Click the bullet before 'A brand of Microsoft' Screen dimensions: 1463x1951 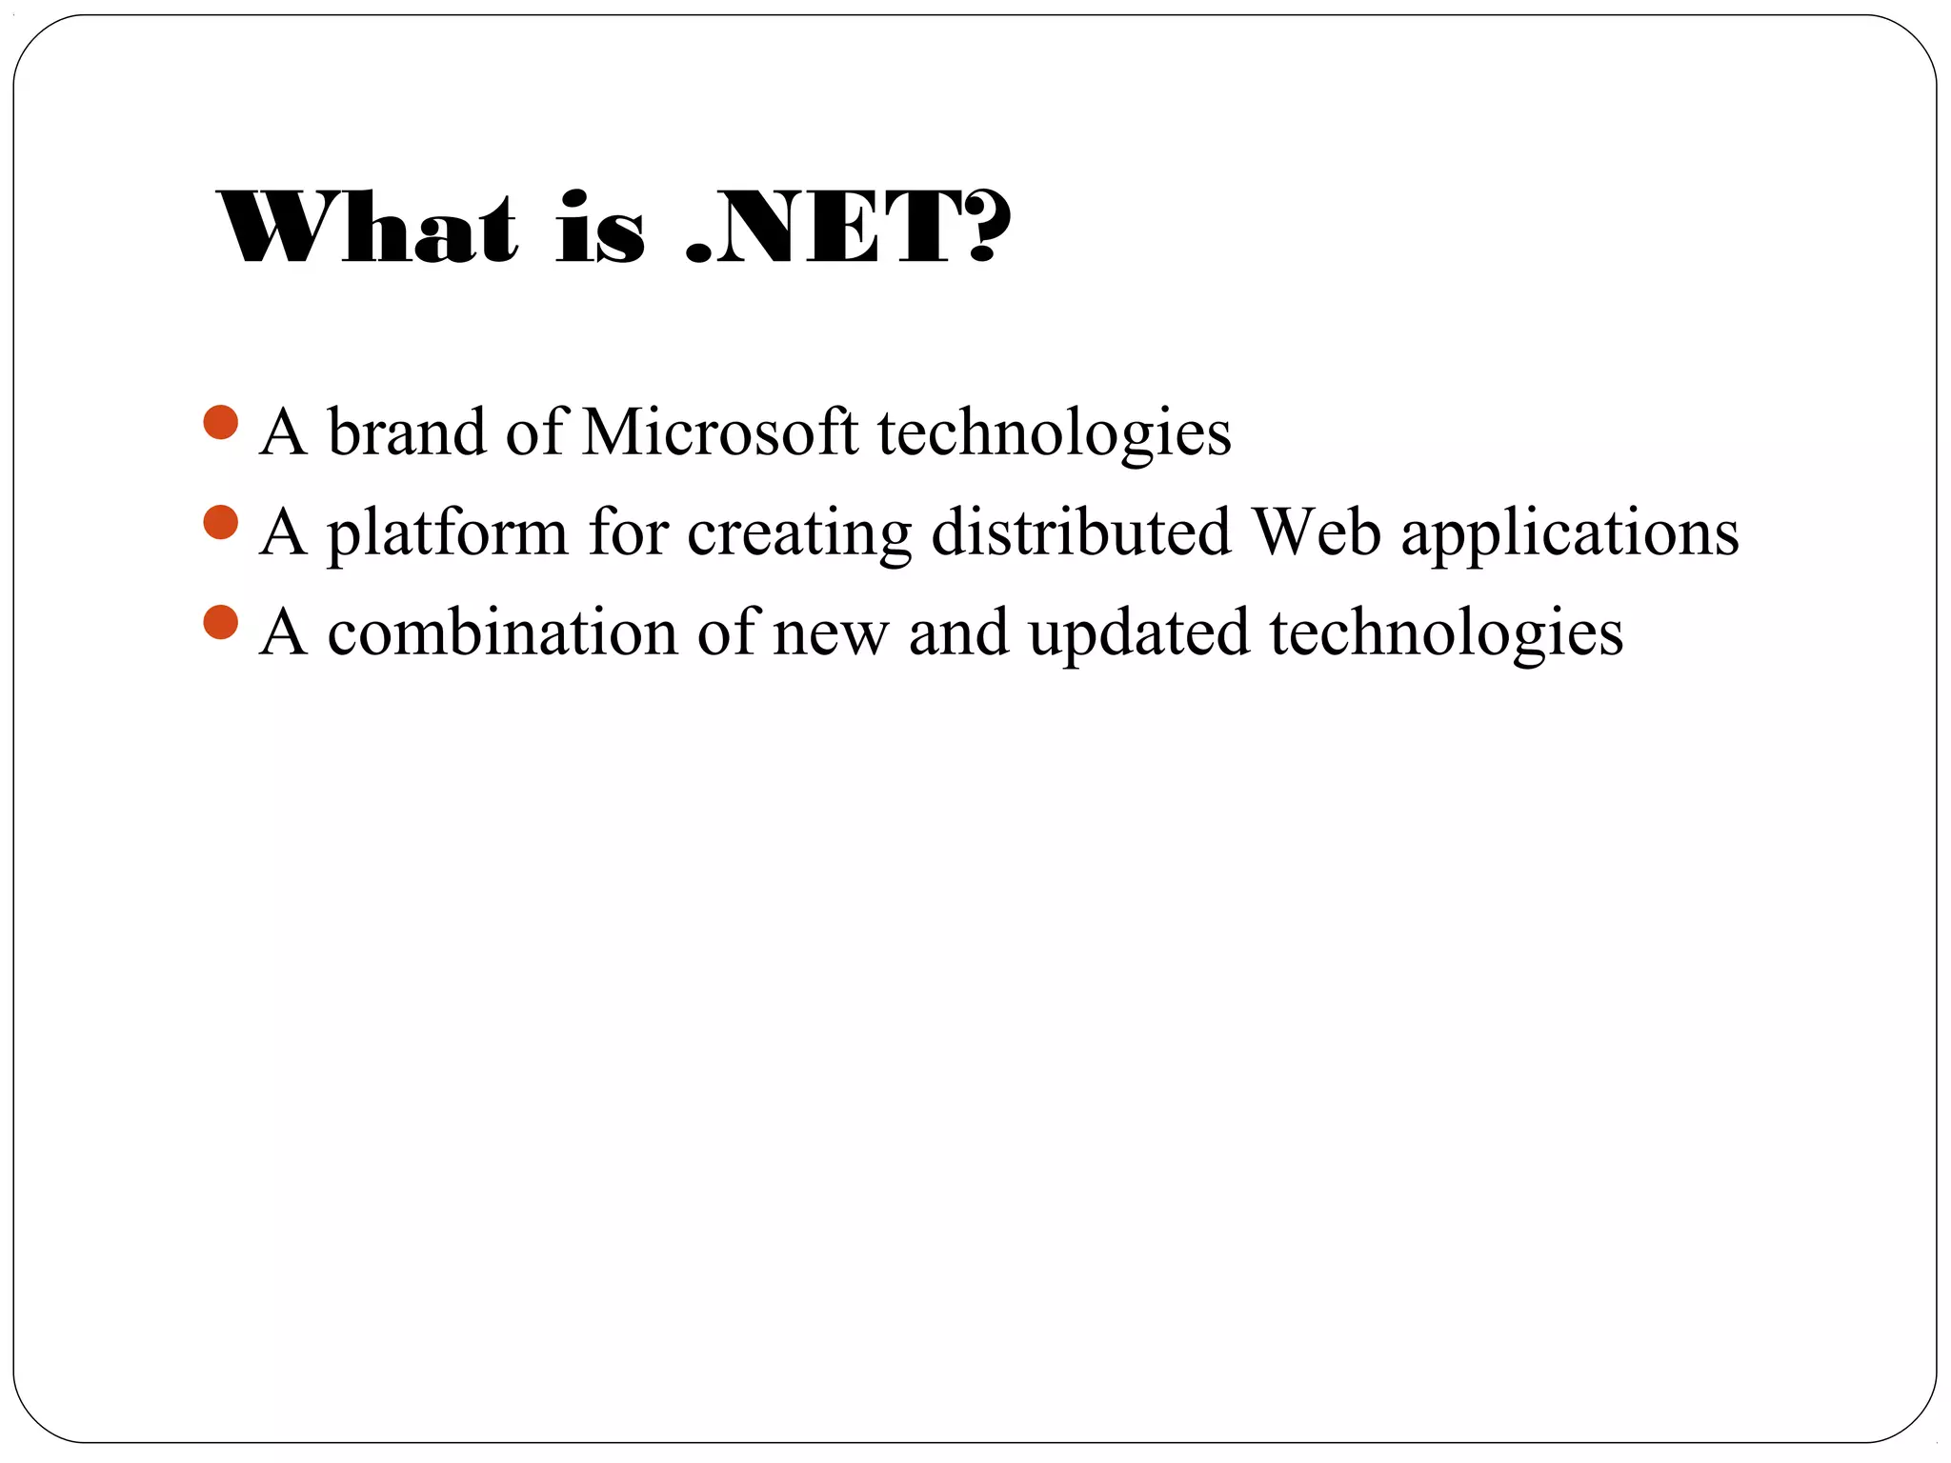pyautogui.click(x=221, y=423)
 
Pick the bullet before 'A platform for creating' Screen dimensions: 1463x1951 pyautogui.click(x=221, y=523)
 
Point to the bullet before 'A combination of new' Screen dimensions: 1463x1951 pyautogui.click(x=221, y=623)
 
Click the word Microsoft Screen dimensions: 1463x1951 pyautogui.click(x=719, y=432)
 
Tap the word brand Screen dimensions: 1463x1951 pyautogui.click(x=407, y=432)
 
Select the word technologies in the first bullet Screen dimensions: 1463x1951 pyautogui.click(x=1054, y=434)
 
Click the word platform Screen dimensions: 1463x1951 pyautogui.click(x=447, y=533)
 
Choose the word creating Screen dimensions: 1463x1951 pyautogui.click(x=798, y=533)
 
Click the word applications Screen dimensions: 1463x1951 pyautogui.click(x=1570, y=533)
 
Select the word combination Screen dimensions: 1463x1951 pyautogui.click(x=502, y=632)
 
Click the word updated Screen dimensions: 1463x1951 pyautogui.click(x=1138, y=634)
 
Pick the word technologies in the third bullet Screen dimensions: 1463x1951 pyautogui.click(x=1446, y=634)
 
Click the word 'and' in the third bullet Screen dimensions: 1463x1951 pyautogui.click(x=958, y=632)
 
